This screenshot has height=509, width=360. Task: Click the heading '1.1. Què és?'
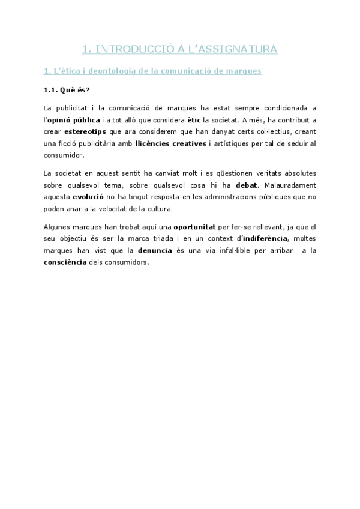[67, 91]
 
